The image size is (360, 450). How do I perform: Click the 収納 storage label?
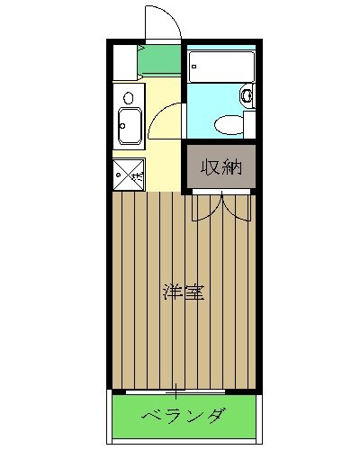tap(220, 166)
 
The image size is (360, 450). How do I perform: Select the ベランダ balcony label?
tap(183, 417)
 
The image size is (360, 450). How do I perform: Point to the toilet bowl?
tap(231, 123)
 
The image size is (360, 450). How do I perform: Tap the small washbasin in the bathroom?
tap(246, 94)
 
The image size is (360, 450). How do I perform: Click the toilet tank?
tap(249, 122)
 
